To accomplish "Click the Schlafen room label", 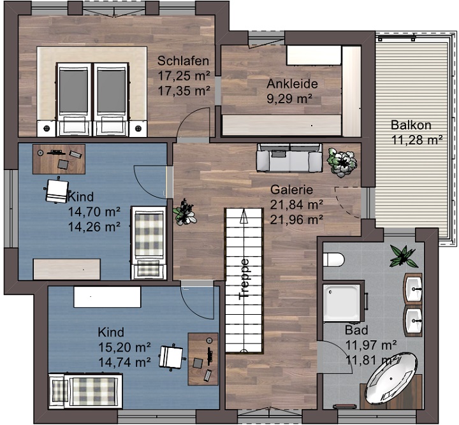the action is point(183,61).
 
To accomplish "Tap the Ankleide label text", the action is point(292,84).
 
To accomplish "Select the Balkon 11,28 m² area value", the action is point(416,140).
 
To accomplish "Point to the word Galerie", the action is point(291,189).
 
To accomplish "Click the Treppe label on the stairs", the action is point(244,279).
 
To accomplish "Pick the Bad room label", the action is point(356,330).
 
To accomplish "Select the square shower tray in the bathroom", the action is point(342,303).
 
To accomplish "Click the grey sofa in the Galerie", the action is point(289,157).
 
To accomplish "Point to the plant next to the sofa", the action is point(342,162).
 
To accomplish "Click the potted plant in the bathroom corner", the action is point(404,256).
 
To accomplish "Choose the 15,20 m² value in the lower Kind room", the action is point(124,347).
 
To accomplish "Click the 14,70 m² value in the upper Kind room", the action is point(94,211).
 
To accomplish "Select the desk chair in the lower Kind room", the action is point(171,357).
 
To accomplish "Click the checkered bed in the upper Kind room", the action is point(149,241).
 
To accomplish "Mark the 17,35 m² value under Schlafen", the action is point(184,90).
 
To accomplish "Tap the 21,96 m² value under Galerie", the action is point(296,220).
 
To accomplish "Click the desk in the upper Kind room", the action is point(59,159).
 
